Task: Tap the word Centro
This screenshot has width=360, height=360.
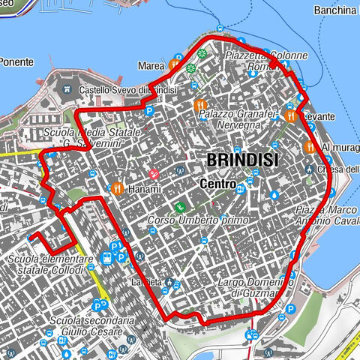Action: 219,184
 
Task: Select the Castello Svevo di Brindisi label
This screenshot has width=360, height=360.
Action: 127,91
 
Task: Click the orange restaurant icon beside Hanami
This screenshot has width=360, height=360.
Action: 116,188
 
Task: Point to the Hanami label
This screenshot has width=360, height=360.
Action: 144,190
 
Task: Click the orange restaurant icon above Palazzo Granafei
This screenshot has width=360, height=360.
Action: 199,105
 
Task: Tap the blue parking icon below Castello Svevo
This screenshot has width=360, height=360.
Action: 149,112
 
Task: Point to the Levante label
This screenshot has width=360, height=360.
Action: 319,117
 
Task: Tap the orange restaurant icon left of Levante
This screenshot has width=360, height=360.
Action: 290,116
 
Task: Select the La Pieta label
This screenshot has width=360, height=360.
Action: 146,282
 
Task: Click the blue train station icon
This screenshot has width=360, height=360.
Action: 107,257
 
